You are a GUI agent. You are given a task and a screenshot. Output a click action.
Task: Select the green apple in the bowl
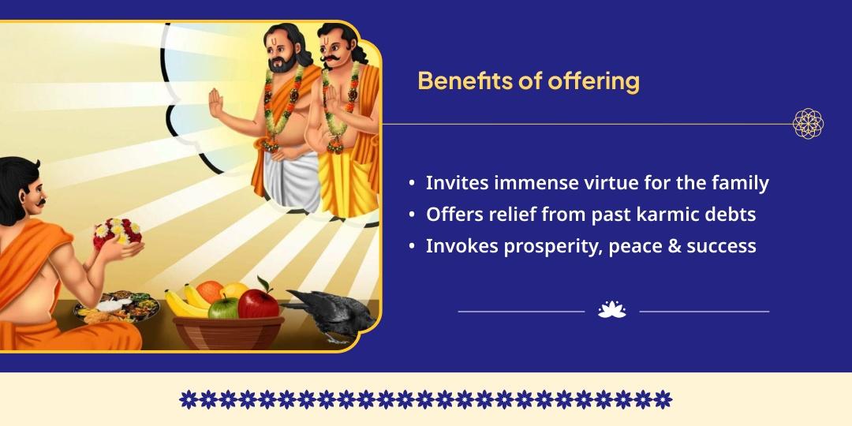(x=223, y=306)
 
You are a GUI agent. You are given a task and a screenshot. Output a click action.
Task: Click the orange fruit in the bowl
(x=210, y=290)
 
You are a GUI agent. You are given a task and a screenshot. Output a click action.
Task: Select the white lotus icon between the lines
(x=611, y=311)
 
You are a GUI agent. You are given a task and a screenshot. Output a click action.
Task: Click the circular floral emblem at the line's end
(x=808, y=124)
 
